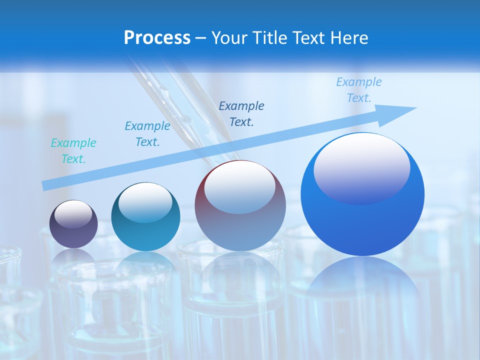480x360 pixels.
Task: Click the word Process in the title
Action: [x=157, y=38]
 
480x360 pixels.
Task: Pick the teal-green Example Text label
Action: [x=73, y=151]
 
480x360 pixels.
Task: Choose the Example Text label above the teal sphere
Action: [x=147, y=134]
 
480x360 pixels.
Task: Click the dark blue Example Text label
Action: [x=241, y=113]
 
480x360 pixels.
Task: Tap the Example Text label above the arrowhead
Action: [x=359, y=90]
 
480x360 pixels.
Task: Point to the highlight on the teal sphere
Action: [x=145, y=202]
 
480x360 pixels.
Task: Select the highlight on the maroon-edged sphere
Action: [x=240, y=187]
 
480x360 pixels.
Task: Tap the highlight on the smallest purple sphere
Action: [x=73, y=214]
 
